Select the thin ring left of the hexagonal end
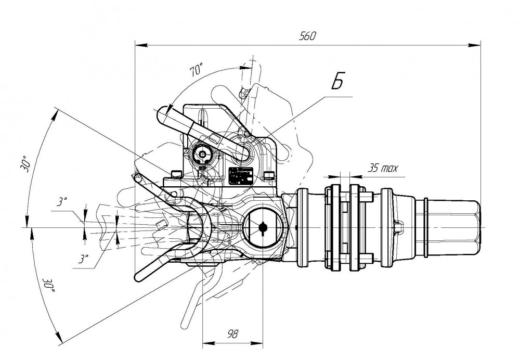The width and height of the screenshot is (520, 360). [427, 227]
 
